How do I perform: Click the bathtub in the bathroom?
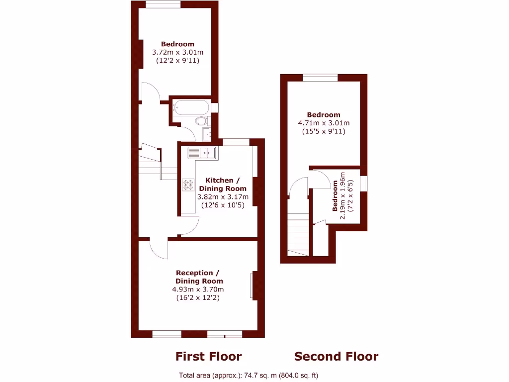(191, 107)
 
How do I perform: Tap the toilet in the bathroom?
(201, 121)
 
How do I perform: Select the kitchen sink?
(201, 153)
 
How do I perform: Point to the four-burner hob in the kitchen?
(188, 185)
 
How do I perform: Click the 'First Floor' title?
(208, 357)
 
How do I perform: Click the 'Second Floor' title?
(336, 357)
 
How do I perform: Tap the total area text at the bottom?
(249, 376)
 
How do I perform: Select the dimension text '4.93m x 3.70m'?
(198, 289)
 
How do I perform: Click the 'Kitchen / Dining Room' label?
(222, 185)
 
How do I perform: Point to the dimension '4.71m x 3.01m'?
(324, 123)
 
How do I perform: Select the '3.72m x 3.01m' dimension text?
(177, 52)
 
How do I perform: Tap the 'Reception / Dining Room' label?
(198, 277)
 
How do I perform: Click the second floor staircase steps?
(299, 234)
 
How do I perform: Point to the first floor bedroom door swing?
(150, 92)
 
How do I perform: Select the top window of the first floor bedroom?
(163, 5)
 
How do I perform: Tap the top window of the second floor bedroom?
(320, 77)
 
